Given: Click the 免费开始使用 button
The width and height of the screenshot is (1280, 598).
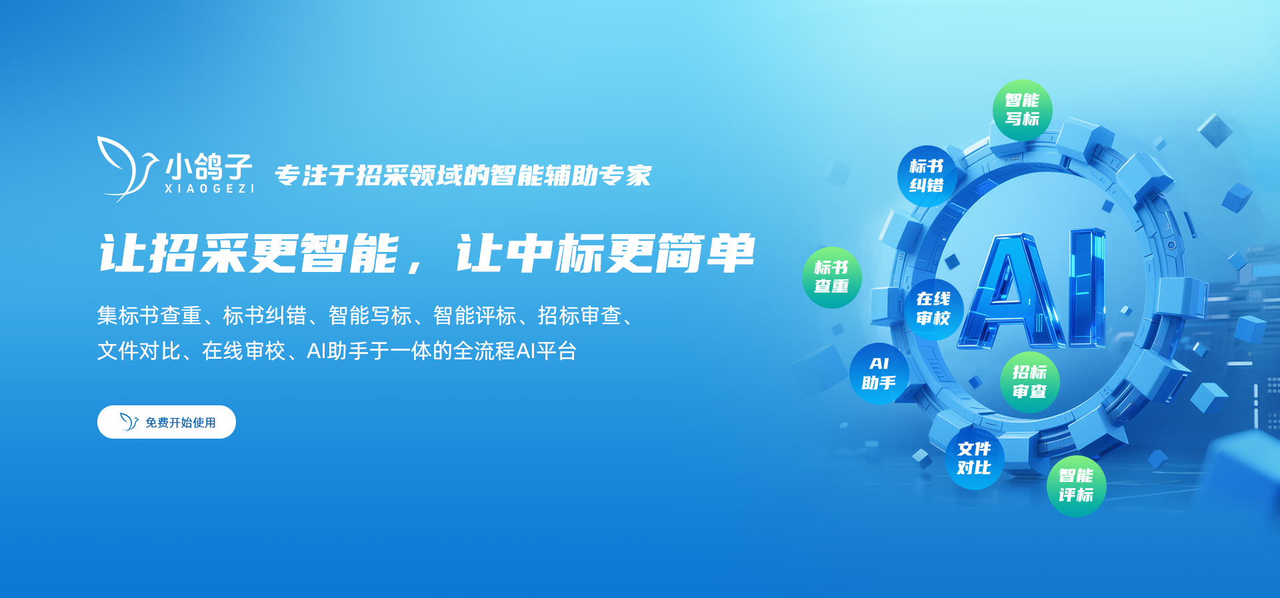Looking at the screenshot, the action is pyautogui.click(x=167, y=422).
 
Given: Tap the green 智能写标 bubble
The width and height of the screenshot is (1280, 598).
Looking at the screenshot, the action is pyautogui.click(x=1022, y=110).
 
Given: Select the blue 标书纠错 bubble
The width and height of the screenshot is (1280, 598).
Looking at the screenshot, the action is pyautogui.click(x=927, y=176).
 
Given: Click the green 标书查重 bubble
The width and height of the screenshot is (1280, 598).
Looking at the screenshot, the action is pyautogui.click(x=831, y=277).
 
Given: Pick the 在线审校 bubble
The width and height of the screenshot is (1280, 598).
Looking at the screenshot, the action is pyautogui.click(x=933, y=309).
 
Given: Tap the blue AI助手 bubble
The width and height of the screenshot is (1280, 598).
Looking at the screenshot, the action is pyautogui.click(x=879, y=373).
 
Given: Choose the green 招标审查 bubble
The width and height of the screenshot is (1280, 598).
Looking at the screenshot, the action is pyautogui.click(x=1029, y=382).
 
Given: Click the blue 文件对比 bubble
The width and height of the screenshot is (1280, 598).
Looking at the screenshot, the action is pyautogui.click(x=974, y=459).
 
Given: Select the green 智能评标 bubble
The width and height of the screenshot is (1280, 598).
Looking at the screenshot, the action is pyautogui.click(x=1076, y=486).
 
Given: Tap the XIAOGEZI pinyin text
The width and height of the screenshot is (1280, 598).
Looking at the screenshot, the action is pyautogui.click(x=209, y=189).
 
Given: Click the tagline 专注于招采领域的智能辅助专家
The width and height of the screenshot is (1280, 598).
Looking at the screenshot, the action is pyautogui.click(x=463, y=175).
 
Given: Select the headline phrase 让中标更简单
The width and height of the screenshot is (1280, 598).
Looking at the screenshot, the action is pyautogui.click(x=605, y=254).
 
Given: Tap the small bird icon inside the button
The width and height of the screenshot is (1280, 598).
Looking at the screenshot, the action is pyautogui.click(x=129, y=422).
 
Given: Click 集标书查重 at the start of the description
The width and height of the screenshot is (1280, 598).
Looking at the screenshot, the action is pyautogui.click(x=149, y=315).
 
